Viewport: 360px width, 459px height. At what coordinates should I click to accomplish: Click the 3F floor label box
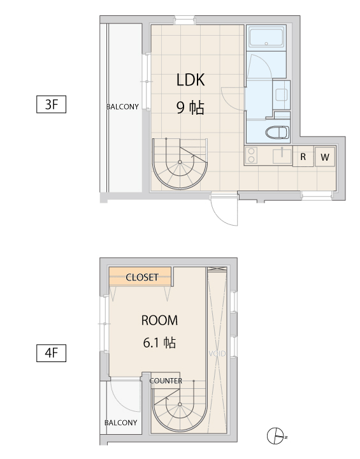pos(51,104)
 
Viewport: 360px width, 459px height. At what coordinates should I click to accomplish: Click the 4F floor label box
pos(51,353)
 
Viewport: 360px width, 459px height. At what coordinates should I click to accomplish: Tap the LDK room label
pos(191,80)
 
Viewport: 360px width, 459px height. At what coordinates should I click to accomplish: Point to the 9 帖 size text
pos(191,108)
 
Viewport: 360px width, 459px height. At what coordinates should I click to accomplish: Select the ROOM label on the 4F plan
pos(159,320)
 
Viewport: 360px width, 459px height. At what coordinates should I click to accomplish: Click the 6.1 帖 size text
pos(159,342)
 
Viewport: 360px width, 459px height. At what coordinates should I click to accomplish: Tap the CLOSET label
pos(142,277)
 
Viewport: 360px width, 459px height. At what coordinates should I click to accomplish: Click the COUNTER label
pos(166,381)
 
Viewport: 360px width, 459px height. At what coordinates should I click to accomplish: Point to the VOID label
pos(217,354)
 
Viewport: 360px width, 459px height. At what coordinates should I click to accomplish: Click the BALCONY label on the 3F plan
pos(122,106)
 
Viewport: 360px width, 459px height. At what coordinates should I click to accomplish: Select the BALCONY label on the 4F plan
pos(121,423)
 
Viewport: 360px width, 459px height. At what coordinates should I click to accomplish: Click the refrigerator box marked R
pos(303,157)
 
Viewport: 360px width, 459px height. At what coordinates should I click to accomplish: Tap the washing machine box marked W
pos(325,157)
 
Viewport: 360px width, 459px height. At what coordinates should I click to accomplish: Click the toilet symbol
pos(277,133)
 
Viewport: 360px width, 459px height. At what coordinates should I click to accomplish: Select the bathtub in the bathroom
pos(266,37)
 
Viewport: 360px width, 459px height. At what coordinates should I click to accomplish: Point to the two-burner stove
pos(251,156)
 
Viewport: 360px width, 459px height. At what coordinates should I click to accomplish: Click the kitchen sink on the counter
pos(282,156)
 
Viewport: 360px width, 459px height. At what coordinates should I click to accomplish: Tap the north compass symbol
pos(276,436)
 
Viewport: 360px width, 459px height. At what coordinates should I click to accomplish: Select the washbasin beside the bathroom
pos(282,94)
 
